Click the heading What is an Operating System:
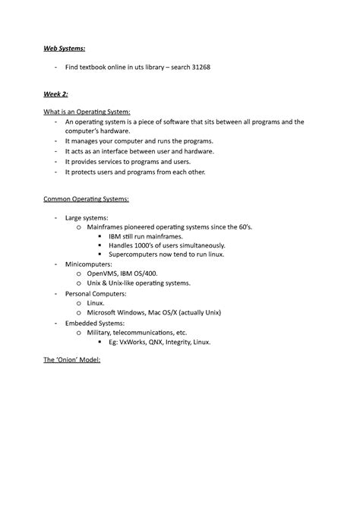tap(87, 112)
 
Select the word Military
tap(100, 332)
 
